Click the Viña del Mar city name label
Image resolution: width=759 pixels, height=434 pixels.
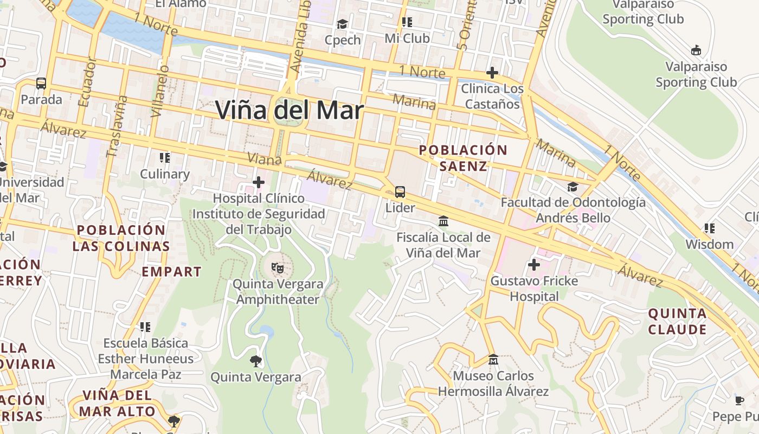(289, 110)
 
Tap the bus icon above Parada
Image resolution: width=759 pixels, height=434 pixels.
(41, 84)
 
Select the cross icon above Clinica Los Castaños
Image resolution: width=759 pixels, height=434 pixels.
(492, 72)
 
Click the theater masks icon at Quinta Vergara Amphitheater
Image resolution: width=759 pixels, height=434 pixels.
(278, 267)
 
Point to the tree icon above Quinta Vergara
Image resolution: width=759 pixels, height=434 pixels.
(255, 361)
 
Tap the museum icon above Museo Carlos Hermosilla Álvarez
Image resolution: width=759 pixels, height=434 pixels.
(493, 359)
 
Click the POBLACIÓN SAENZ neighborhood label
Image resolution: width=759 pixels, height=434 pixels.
(463, 158)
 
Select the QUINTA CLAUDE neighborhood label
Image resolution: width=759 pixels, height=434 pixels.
(678, 321)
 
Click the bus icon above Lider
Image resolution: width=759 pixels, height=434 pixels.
(400, 192)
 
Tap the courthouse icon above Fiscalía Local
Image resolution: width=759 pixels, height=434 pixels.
(443, 221)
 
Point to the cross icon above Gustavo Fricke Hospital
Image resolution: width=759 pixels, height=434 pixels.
(534, 265)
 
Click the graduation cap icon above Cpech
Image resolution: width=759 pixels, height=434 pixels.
(342, 24)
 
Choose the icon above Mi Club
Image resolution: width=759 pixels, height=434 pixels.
(407, 22)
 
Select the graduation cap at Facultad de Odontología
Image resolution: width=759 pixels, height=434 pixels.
(573, 187)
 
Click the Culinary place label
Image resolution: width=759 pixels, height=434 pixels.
(165, 174)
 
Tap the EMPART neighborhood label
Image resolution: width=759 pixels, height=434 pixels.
(171, 272)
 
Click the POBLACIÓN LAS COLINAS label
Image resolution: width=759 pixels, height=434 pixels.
(121, 238)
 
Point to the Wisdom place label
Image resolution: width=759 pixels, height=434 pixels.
(710, 244)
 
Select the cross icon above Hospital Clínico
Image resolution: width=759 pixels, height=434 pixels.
(259, 182)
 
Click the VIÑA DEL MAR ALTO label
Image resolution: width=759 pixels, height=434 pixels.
(117, 403)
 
